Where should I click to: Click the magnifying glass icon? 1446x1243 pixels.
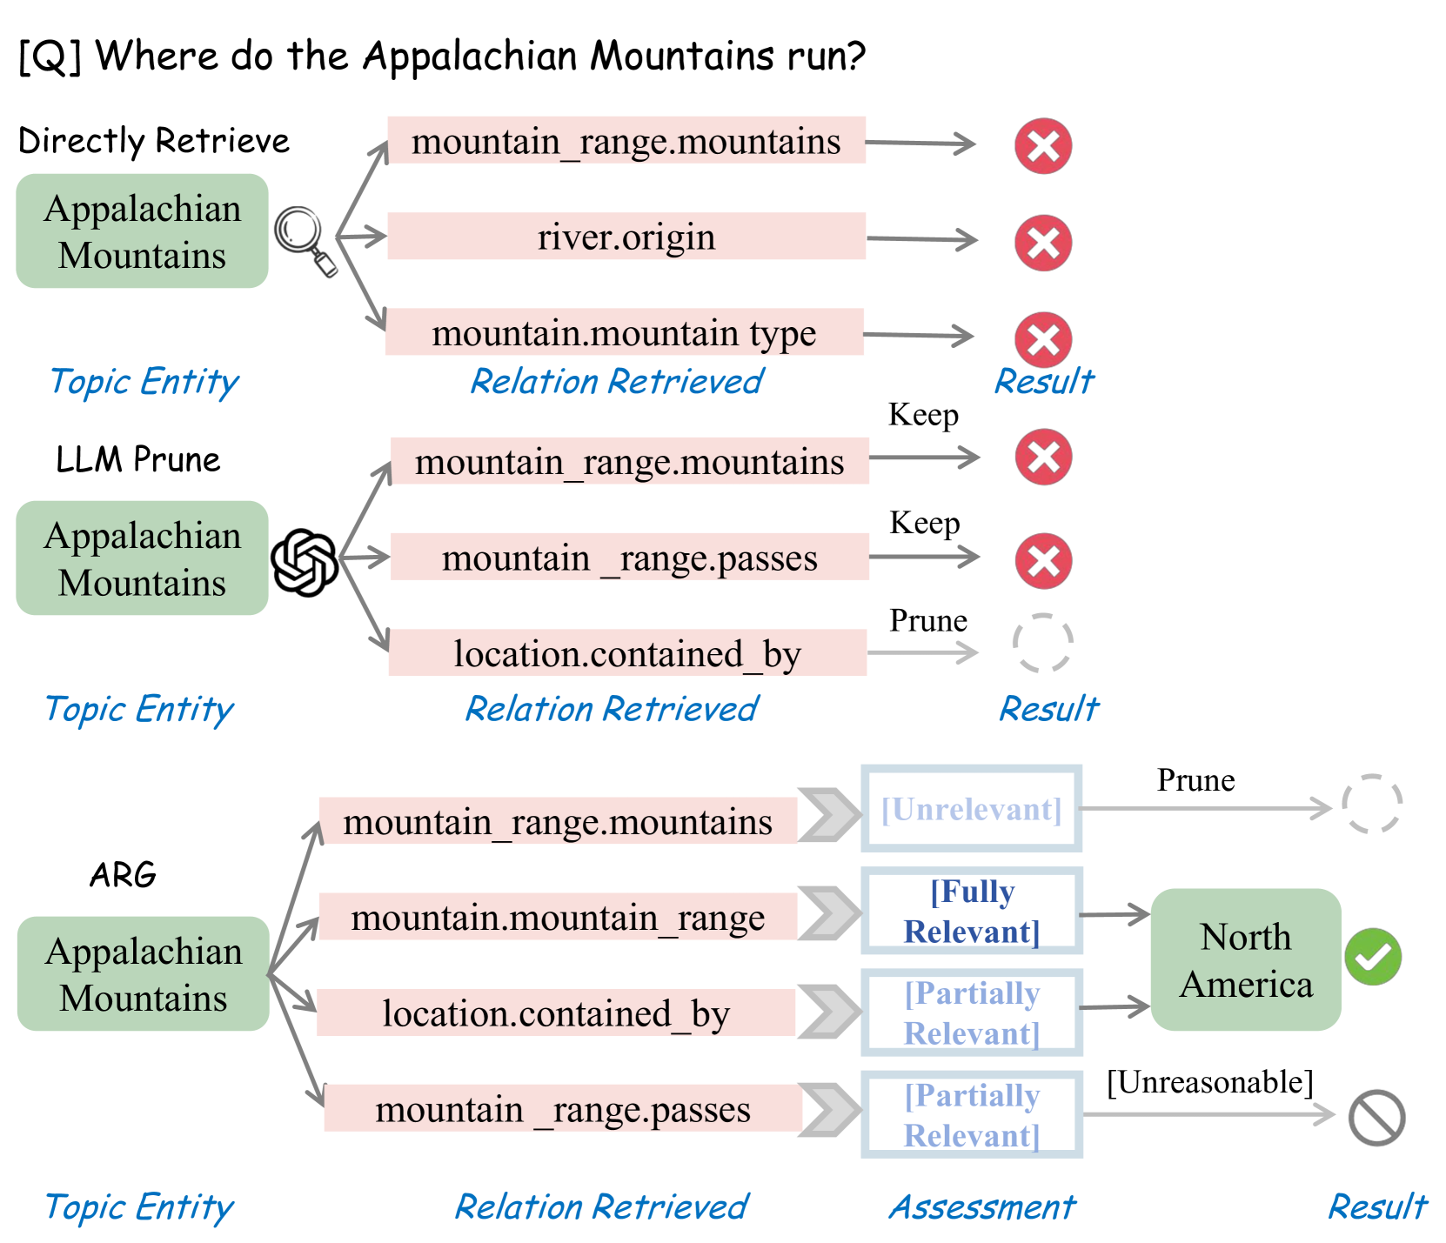[x=304, y=239]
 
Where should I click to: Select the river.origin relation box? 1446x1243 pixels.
[x=626, y=237]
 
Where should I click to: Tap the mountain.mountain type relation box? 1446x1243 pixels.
[x=625, y=332]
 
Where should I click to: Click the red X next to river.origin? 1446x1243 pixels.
[x=1042, y=243]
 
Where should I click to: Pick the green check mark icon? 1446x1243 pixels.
[x=1372, y=957]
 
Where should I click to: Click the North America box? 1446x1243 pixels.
[x=1245, y=959]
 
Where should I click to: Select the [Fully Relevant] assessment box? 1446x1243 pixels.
[x=972, y=911]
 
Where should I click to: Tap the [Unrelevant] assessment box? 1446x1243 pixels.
[x=972, y=809]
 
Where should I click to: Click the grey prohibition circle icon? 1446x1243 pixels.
[x=1376, y=1117]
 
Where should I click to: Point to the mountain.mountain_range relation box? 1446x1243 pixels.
[x=558, y=917]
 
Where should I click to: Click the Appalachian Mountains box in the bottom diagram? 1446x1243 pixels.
[x=144, y=973]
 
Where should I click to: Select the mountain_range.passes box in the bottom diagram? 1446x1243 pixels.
[x=563, y=1108]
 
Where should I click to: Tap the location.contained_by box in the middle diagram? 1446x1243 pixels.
[x=627, y=653]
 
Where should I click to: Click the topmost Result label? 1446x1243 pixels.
[x=1044, y=381]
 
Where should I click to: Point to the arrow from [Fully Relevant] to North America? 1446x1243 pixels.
[x=1115, y=914]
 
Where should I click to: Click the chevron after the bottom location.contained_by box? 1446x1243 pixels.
[x=828, y=1012]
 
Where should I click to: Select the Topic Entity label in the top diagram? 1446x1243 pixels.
[x=144, y=382]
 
